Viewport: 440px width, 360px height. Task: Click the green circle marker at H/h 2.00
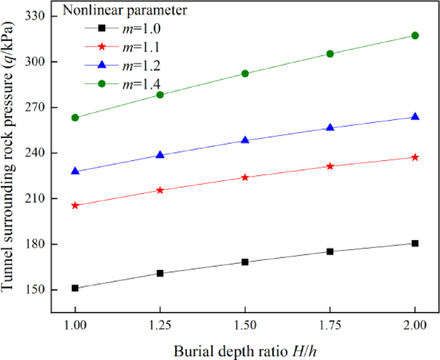click(415, 35)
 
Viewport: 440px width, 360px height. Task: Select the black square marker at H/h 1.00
click(75, 288)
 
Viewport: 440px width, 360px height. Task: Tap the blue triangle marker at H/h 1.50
click(245, 140)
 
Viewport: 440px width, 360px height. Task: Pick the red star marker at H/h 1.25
click(160, 190)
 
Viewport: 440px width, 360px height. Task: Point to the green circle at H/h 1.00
click(75, 117)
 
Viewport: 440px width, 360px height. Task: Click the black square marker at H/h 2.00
click(415, 243)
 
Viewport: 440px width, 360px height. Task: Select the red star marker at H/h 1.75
click(330, 166)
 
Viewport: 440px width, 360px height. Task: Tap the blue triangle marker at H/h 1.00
click(75, 171)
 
